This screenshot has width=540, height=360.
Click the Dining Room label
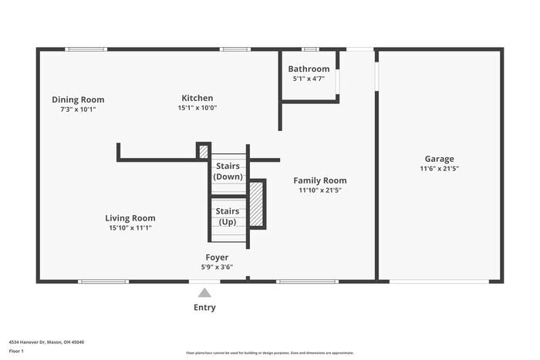78,99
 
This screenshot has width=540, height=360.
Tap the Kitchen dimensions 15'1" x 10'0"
197,108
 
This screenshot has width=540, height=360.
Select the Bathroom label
309,69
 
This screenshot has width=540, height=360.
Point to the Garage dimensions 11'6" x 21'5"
439,168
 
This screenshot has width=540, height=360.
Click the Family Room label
319,180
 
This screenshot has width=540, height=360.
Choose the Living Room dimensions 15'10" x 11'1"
130,227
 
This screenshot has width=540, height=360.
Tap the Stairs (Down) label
228,171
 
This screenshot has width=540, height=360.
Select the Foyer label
217,257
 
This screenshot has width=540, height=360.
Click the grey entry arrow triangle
204,293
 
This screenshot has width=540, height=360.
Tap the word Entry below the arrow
204,308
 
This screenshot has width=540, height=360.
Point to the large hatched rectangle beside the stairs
257,204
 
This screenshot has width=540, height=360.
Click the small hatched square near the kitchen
204,151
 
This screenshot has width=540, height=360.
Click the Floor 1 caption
16,351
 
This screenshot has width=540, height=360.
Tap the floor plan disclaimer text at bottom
269,352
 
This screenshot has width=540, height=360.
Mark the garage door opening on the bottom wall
439,281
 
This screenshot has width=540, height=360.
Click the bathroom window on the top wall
310,49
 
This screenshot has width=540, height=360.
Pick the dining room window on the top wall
86,49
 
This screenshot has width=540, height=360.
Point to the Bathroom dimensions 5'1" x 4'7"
309,79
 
